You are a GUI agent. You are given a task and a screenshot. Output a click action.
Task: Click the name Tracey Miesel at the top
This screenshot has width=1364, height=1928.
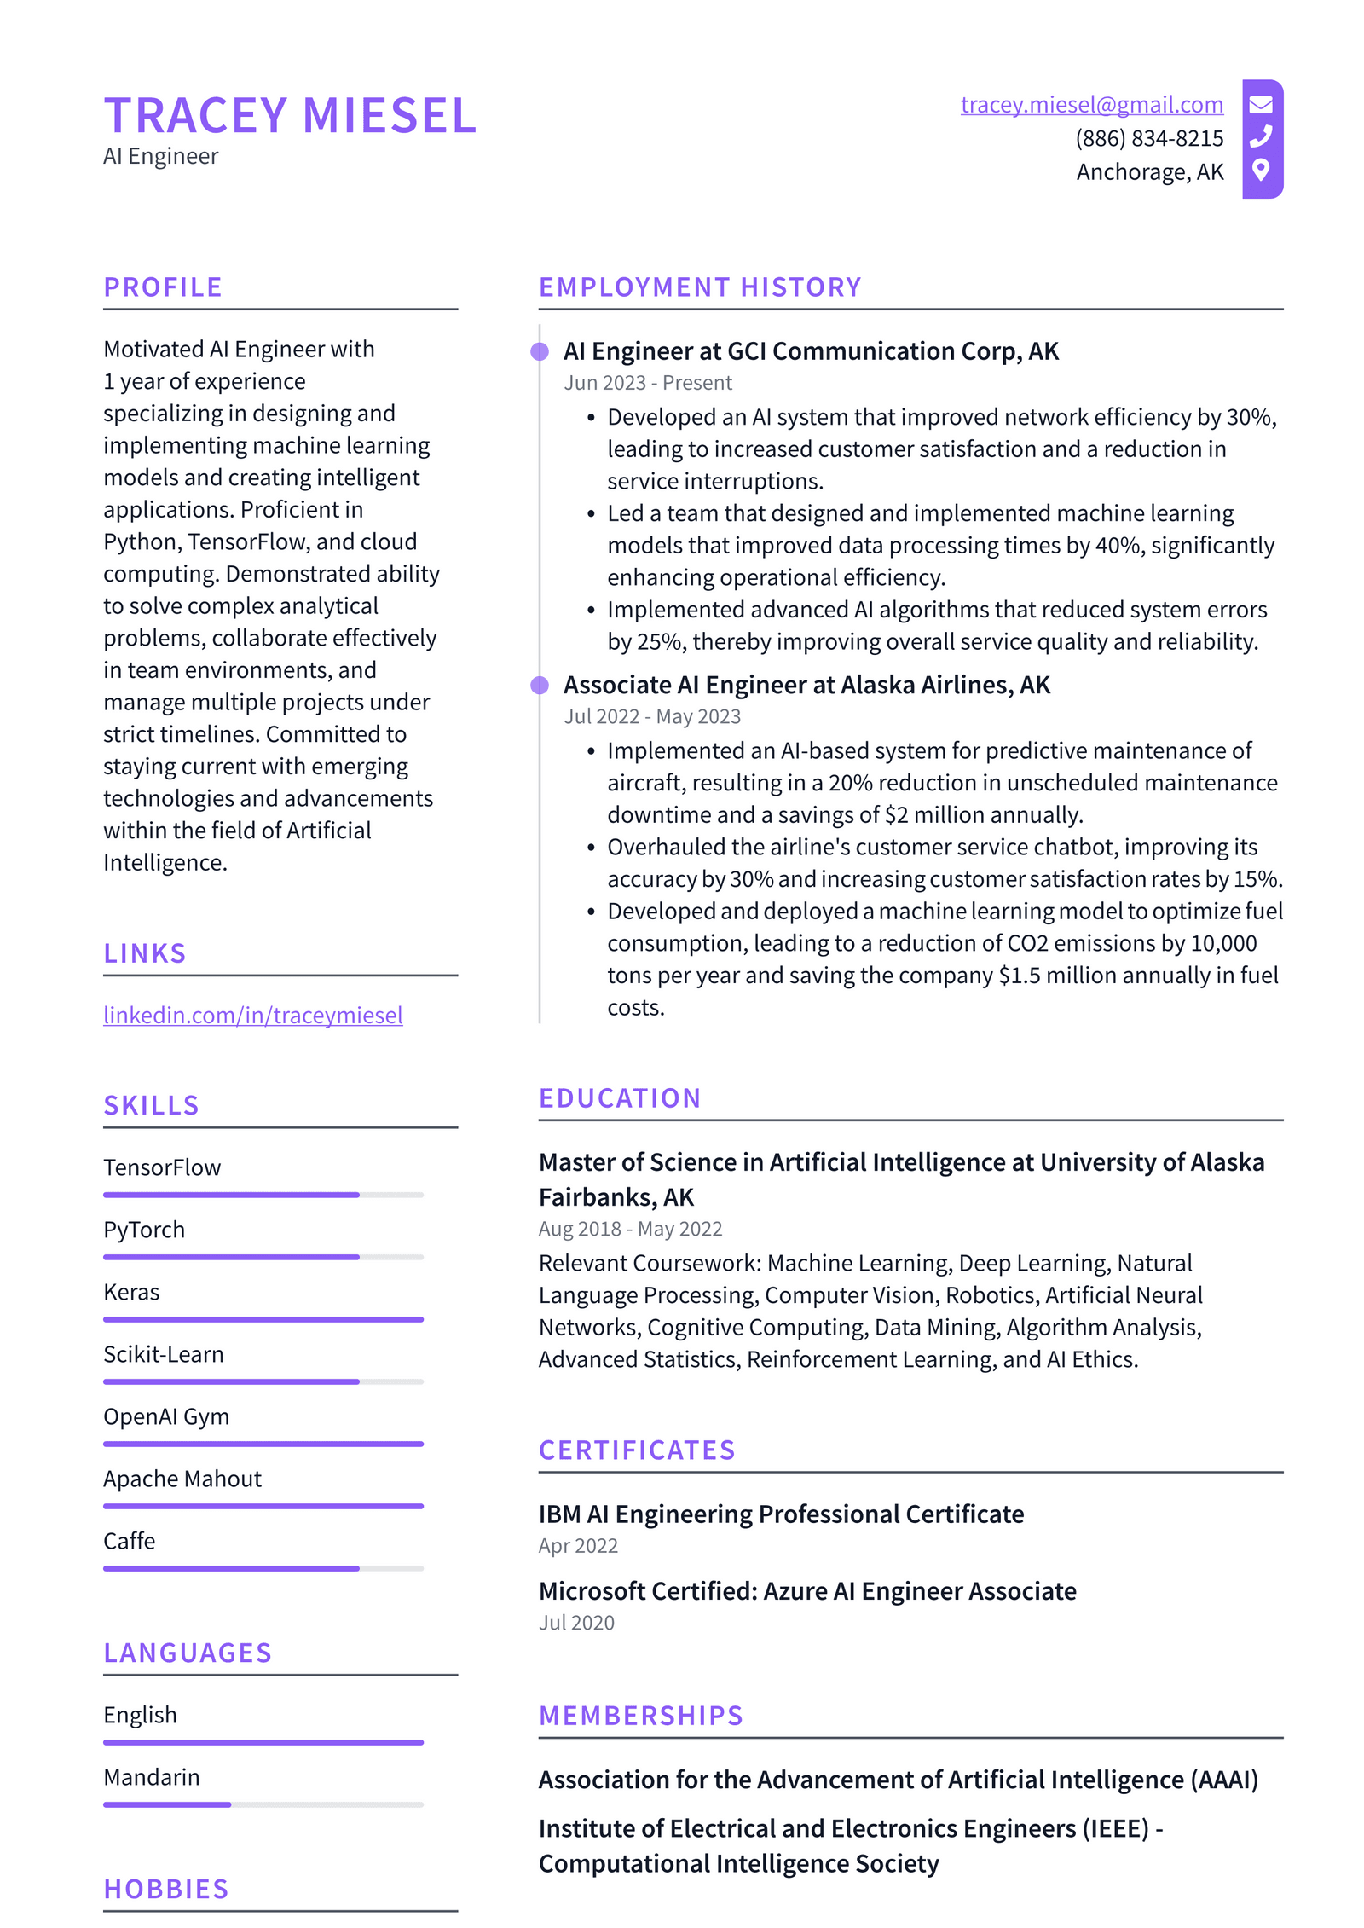(290, 115)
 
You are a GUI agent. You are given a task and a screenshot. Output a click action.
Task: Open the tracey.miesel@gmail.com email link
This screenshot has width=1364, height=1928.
(1091, 105)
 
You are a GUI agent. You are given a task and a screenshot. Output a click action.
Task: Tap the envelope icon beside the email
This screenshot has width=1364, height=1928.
(1261, 105)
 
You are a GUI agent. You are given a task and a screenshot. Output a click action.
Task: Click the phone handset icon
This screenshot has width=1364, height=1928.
(1261, 136)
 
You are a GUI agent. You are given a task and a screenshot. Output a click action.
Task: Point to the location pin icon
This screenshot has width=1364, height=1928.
(1261, 170)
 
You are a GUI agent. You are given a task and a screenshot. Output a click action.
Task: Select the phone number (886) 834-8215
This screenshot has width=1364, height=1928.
(1148, 138)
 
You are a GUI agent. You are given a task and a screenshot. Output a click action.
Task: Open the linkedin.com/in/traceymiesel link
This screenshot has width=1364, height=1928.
(252, 1015)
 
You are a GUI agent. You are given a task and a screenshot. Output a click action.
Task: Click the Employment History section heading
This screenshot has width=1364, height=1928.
(699, 287)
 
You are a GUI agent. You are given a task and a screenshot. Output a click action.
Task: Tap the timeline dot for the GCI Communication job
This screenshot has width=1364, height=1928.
(540, 351)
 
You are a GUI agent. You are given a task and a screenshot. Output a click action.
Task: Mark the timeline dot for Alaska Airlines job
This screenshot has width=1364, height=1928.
(540, 685)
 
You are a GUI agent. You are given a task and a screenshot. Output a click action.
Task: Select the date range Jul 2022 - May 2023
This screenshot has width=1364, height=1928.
(651, 716)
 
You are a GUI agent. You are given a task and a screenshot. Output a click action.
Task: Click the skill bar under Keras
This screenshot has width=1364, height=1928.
(263, 1319)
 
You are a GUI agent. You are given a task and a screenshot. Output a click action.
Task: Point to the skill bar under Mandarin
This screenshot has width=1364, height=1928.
(263, 1804)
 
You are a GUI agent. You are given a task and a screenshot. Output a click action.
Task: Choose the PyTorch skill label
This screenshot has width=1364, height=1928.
(144, 1230)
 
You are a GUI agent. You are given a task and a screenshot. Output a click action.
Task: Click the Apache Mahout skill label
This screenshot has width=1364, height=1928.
(182, 1479)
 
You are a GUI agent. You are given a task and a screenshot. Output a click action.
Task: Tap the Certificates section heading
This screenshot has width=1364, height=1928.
(636, 1450)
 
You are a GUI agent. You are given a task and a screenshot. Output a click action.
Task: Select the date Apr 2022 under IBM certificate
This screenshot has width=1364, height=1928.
(578, 1546)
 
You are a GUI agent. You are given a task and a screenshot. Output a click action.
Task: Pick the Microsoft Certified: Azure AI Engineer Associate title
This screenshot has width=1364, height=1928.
(806, 1591)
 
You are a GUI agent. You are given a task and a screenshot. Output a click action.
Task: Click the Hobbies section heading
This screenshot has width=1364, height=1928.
(166, 1890)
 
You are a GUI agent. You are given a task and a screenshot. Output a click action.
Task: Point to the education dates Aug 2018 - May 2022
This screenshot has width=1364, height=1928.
(630, 1229)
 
